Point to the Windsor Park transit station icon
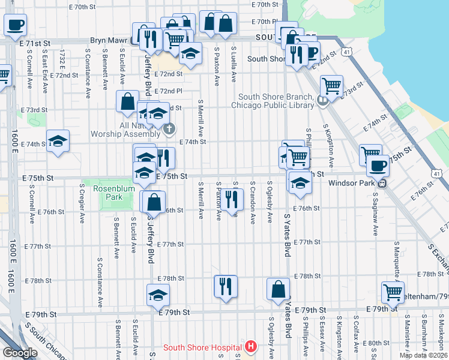pyautogui.click(x=381, y=183)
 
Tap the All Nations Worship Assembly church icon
pyautogui.click(x=170, y=128)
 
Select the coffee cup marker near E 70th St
pyautogui.click(x=16, y=25)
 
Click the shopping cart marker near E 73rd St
pyautogui.click(x=331, y=86)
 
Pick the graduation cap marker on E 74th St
pyautogui.click(x=58, y=142)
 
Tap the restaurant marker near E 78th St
pyautogui.click(x=226, y=286)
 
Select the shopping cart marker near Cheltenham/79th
pyautogui.click(x=393, y=293)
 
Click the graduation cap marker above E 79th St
pyautogui.click(x=158, y=295)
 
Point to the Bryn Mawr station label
pyautogui.click(x=109, y=41)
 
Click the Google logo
pyautogui.click(x=19, y=353)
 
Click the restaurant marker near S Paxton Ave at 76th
pyautogui.click(x=232, y=200)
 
